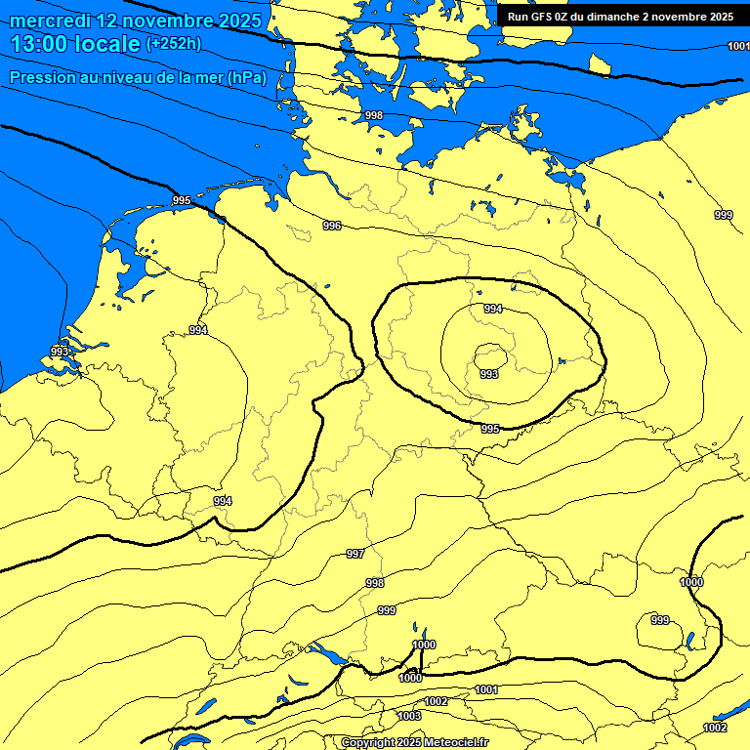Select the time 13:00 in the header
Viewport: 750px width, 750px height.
[x=41, y=45]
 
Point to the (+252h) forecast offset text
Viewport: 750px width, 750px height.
[x=174, y=44]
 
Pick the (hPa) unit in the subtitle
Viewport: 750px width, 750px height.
[x=246, y=78]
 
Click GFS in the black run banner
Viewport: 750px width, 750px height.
[x=539, y=16]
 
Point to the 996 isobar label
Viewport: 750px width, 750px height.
[x=332, y=226]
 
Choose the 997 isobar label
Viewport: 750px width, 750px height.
[x=355, y=554]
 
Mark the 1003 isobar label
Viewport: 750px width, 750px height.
[x=410, y=716]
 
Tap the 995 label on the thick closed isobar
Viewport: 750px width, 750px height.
[x=490, y=429]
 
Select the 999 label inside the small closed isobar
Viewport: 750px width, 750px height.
[x=660, y=620]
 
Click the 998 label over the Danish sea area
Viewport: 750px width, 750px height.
[x=374, y=115]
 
